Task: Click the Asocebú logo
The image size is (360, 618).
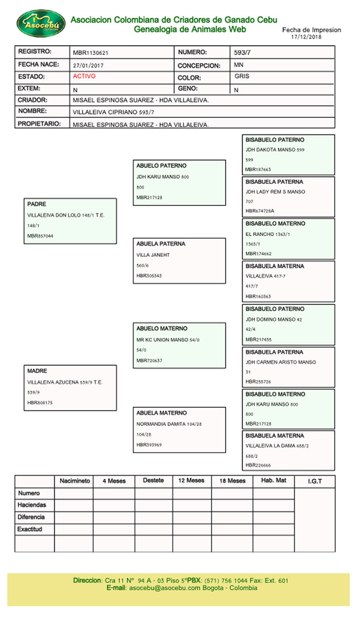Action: coord(40,23)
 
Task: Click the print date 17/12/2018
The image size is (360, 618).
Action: coord(306,37)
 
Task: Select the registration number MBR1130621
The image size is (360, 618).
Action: coord(91,53)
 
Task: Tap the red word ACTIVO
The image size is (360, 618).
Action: coord(84,76)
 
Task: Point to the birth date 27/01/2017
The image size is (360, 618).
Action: coord(88,65)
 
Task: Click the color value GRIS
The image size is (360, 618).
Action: coord(242,76)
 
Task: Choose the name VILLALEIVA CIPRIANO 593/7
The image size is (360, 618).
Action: coord(112,112)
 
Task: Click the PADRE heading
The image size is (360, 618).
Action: coord(37,204)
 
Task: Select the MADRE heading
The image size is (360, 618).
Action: coord(37,371)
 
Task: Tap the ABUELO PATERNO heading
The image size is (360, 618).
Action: coord(161,166)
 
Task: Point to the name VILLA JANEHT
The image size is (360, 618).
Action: coord(153,255)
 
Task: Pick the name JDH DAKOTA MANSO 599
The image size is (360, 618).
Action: coord(275,150)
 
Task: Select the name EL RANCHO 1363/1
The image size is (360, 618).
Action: coord(268,234)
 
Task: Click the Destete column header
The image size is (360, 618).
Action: coord(153,481)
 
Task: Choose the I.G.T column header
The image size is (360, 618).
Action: coord(315,482)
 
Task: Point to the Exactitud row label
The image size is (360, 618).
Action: coord(30,529)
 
